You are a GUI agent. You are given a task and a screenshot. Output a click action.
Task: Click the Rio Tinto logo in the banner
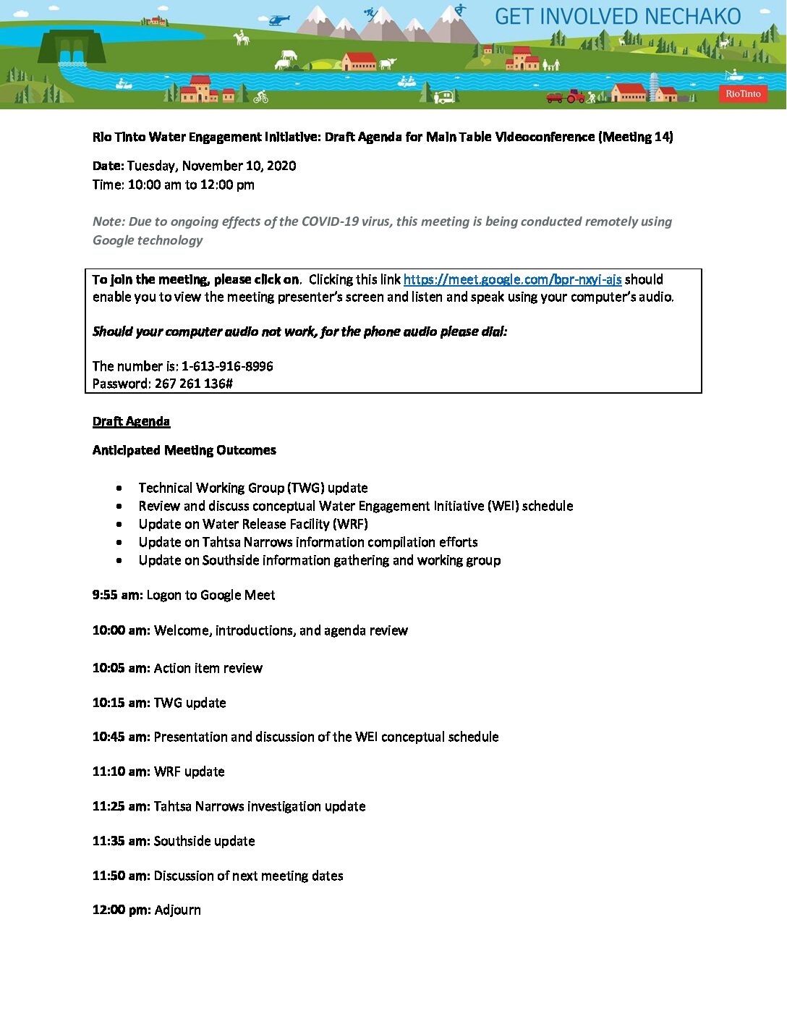tap(743, 93)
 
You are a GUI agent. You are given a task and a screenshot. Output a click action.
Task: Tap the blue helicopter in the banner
tap(277, 20)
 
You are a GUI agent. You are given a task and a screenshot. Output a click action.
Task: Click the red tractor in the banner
tap(575, 96)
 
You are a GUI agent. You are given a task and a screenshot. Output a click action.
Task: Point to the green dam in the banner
tap(71, 47)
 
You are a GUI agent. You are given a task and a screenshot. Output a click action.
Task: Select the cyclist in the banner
tap(261, 96)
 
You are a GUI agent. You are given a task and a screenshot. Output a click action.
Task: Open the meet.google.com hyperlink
tap(512, 279)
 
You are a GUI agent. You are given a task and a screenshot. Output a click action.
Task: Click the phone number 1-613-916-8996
tap(227, 366)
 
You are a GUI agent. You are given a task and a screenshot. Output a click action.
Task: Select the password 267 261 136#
tap(194, 384)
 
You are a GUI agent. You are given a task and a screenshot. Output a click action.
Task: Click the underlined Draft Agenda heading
tap(131, 421)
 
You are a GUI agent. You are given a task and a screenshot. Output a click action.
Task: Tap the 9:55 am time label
tap(117, 595)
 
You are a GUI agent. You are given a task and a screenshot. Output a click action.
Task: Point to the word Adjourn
tap(177, 910)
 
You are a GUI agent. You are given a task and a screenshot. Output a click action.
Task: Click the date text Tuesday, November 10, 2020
tap(211, 166)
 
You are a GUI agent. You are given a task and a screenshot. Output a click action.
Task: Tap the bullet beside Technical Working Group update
tap(119, 489)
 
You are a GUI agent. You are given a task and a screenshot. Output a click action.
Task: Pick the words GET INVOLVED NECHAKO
tap(617, 17)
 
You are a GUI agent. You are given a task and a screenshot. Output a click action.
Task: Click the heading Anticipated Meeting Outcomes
tap(184, 450)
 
